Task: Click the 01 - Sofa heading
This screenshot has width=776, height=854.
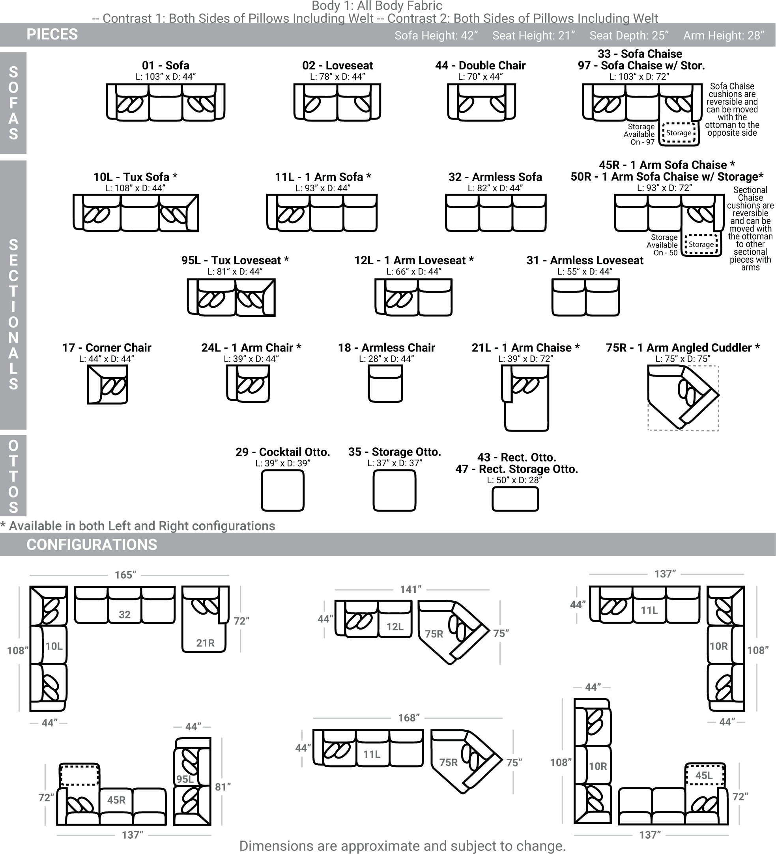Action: pyautogui.click(x=166, y=65)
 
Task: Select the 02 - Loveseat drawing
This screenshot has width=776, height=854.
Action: pyautogui.click(x=337, y=102)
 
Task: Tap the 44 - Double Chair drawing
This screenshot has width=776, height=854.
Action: pyautogui.click(x=481, y=102)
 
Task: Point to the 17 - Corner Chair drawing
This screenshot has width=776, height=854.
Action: pyautogui.click(x=108, y=385)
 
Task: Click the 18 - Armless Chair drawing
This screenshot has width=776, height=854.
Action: pyautogui.click(x=385, y=383)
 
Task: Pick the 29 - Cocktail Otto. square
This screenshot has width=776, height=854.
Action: pyautogui.click(x=282, y=491)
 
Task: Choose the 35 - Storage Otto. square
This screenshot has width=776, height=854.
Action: pyautogui.click(x=395, y=491)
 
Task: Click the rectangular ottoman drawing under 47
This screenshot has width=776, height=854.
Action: pyautogui.click(x=515, y=499)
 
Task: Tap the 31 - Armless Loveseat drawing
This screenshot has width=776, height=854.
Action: pyautogui.click(x=585, y=297)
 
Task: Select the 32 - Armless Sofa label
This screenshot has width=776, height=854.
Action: pyautogui.click(x=495, y=177)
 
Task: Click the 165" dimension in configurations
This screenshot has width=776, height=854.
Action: pyautogui.click(x=126, y=575)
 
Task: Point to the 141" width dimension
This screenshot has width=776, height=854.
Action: pyautogui.click(x=411, y=589)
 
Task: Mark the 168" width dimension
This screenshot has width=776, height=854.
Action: pyautogui.click(x=409, y=718)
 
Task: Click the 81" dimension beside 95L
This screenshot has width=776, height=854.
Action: pyautogui.click(x=223, y=787)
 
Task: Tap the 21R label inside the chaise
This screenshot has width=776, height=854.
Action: pyautogui.click(x=206, y=643)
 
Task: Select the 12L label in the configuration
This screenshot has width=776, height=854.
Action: pyautogui.click(x=395, y=626)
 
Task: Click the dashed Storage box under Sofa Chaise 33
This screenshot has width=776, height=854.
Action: pyautogui.click(x=679, y=133)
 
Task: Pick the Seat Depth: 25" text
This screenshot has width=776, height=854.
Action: pyautogui.click(x=629, y=36)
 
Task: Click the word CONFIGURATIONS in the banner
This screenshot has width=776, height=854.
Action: pyautogui.click(x=92, y=544)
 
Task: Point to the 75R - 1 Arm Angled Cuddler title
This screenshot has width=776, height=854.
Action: pyautogui.click(x=683, y=348)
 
